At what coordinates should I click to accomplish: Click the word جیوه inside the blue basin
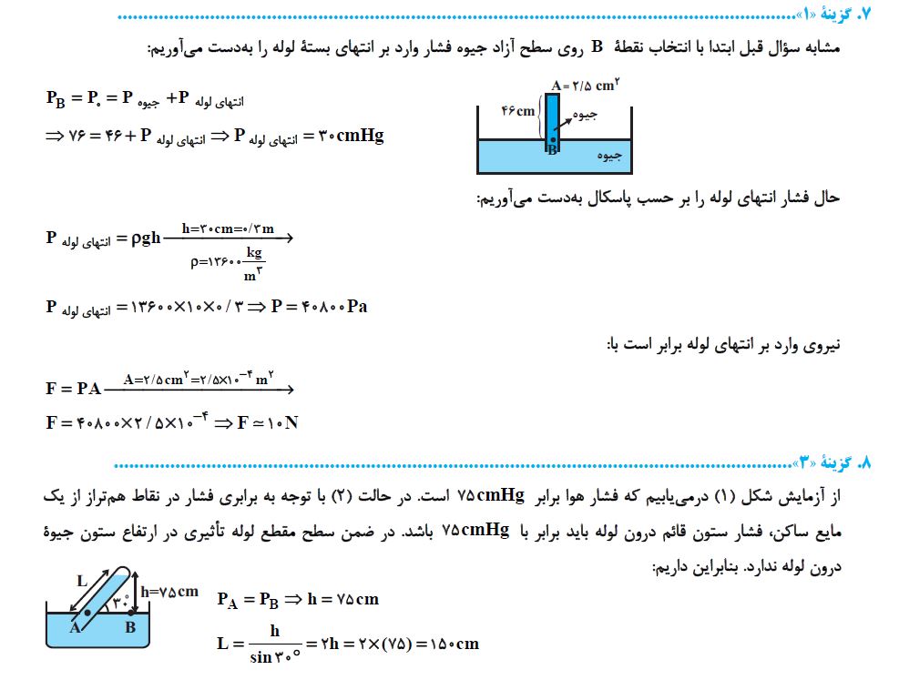pyautogui.click(x=609, y=155)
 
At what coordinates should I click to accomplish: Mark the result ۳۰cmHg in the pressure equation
pyautogui.click(x=350, y=137)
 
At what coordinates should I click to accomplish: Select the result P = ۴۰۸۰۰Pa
pyautogui.click(x=319, y=306)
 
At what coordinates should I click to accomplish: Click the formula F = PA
pyautogui.click(x=74, y=389)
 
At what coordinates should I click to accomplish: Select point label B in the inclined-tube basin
pyautogui.click(x=129, y=626)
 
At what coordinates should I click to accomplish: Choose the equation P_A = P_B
pyautogui.click(x=247, y=599)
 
